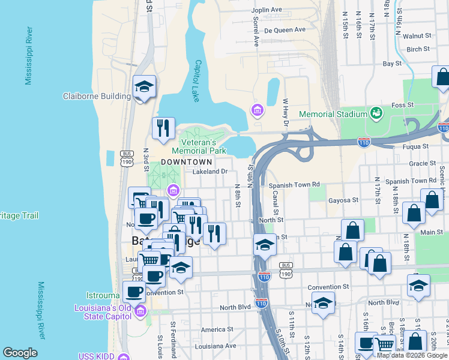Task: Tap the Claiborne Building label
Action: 97,96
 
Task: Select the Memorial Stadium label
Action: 333,114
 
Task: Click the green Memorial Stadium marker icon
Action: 376,112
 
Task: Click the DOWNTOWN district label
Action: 186,162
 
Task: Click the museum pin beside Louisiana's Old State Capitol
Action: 140,311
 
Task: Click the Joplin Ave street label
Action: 267,10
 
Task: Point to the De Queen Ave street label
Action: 285,29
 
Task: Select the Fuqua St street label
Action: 406,146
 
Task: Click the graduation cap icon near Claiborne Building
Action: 144,87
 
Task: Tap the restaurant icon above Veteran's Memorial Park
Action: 163,128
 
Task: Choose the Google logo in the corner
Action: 20,353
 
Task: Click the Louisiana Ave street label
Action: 218,346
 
